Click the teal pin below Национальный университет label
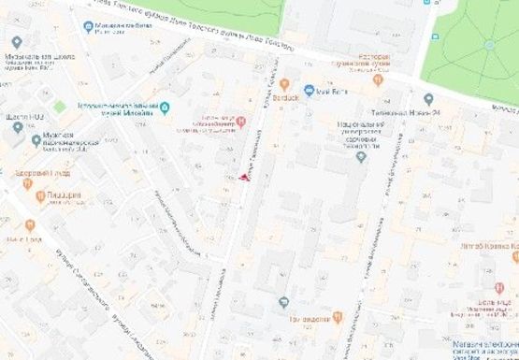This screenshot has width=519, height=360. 361,156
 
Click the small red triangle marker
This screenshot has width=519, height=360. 245,176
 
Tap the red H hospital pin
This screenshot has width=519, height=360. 241,121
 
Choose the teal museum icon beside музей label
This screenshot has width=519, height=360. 165,108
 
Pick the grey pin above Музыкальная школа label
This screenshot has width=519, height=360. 17,43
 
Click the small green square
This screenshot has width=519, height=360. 60,107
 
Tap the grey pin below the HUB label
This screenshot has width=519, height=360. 17,127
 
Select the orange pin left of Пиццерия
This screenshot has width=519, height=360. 40,196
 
